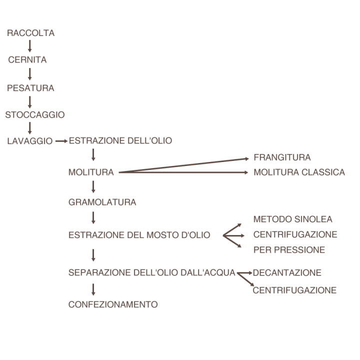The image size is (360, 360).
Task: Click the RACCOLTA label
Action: [31, 33]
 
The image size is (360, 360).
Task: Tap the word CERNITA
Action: [27, 59]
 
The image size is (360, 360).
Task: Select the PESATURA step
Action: [30, 88]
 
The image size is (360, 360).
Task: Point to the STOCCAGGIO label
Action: [35, 114]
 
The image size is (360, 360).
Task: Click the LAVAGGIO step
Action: [30, 141]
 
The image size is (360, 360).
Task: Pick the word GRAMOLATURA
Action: [102, 202]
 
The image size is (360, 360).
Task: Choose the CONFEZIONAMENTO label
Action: [113, 304]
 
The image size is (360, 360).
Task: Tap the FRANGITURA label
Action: [282, 157]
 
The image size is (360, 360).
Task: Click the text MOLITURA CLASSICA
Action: [299, 172]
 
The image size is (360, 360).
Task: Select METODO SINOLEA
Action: [292, 219]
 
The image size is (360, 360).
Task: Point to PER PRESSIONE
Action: [289, 250]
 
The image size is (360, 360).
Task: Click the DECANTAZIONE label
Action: [287, 273]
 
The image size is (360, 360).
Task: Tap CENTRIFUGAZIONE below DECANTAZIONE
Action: [294, 290]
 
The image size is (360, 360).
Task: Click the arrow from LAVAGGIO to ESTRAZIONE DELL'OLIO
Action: [61, 141]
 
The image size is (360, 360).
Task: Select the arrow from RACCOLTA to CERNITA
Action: [29, 46]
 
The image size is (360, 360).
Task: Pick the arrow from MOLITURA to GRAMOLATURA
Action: [93, 187]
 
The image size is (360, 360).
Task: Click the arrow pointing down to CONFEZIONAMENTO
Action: [93, 289]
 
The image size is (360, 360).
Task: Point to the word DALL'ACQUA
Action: [208, 272]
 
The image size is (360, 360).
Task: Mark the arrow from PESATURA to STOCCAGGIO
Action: [29, 102]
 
